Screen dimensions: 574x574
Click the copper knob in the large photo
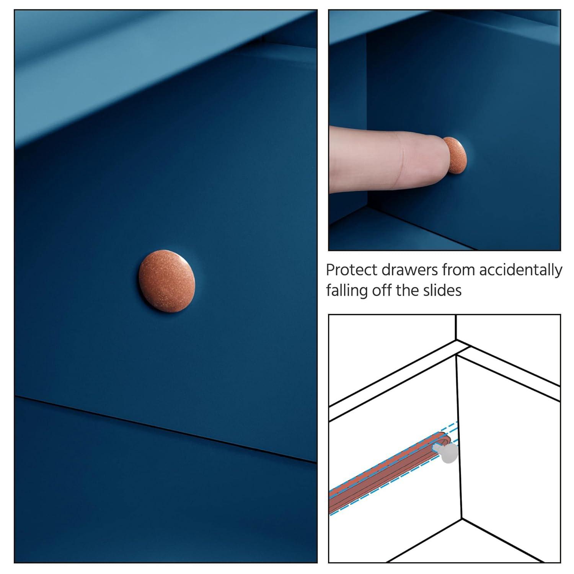pos(167,281)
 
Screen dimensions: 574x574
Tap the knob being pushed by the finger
pos(455,155)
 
